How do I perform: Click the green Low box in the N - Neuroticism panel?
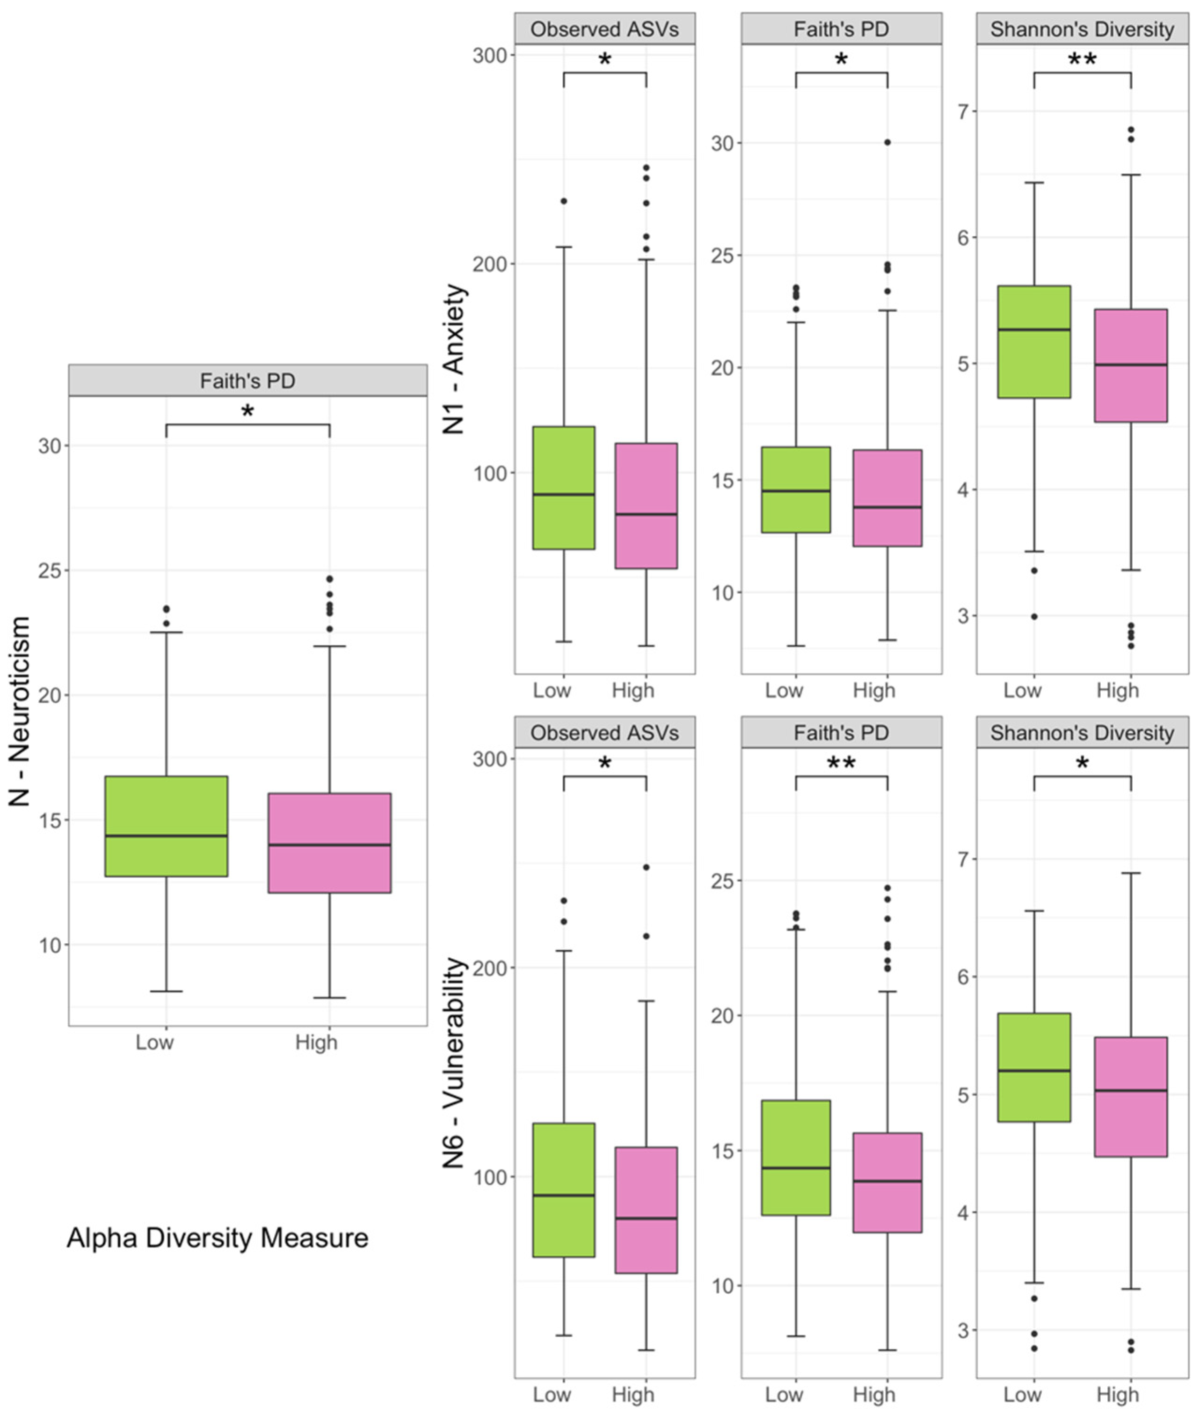[x=166, y=825]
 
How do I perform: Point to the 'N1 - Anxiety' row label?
[x=455, y=359]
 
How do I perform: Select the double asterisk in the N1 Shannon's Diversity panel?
[x=1082, y=60]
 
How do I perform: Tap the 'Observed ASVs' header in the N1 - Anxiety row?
[x=604, y=29]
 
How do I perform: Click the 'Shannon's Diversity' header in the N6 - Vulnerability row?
[x=1082, y=733]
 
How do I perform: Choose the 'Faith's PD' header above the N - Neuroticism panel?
[x=247, y=381]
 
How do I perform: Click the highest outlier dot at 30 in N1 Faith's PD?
[x=887, y=142]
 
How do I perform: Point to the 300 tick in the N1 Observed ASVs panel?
[x=490, y=55]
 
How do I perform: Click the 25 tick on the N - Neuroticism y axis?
[x=50, y=570]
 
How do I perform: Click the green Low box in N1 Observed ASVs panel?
[x=563, y=488]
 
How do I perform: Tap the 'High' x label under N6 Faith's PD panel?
[x=873, y=1394]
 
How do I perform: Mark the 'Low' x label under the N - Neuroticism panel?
[x=154, y=1042]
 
